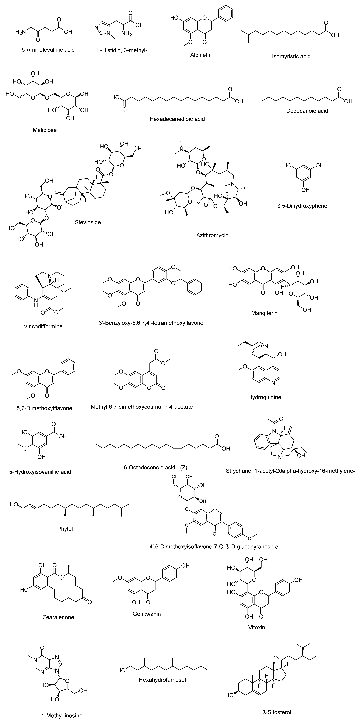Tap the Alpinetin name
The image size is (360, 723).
tap(201, 55)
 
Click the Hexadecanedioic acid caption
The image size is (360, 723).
tap(177, 119)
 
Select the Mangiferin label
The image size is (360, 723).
tap(264, 313)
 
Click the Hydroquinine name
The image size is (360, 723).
tap(264, 397)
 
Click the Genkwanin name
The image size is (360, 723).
tap(146, 614)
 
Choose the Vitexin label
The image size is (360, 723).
tap(256, 627)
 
